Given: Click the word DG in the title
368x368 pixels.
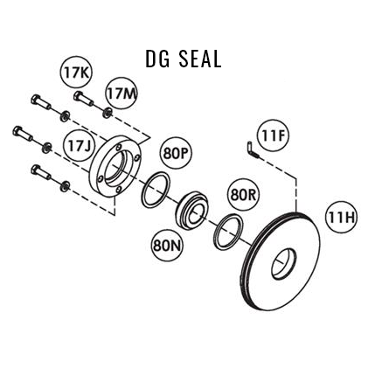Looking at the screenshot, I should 157,59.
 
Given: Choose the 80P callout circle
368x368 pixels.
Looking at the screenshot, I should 175,155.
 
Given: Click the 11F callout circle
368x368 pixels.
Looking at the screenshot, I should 274,134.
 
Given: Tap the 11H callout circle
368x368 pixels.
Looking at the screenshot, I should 340,216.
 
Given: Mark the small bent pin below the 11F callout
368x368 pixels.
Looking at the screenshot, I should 252,150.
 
